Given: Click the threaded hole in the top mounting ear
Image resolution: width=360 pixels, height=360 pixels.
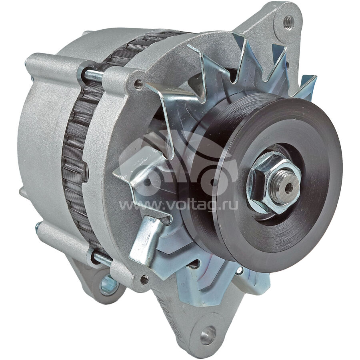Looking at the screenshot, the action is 288,22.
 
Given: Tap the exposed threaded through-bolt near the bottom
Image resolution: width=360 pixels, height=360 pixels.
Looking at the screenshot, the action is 103,258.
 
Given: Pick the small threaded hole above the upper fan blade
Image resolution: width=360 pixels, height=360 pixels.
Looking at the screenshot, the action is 138,84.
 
